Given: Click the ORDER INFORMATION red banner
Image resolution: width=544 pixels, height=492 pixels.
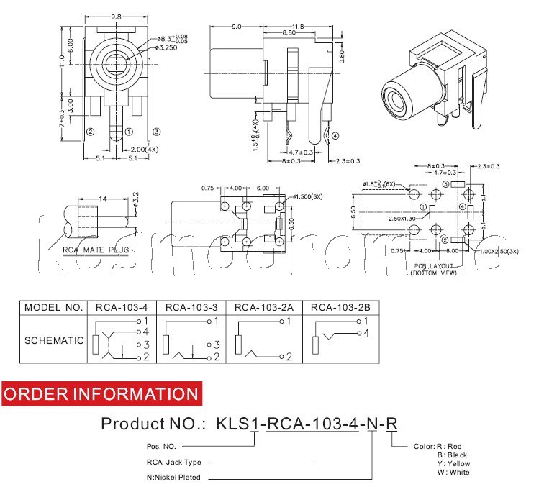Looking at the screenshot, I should click(101, 393).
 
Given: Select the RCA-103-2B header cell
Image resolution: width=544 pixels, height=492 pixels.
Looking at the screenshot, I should click(341, 307).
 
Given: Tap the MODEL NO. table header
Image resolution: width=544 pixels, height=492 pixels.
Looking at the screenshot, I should click(54, 307).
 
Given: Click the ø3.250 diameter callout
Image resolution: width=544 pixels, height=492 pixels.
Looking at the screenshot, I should click(172, 47).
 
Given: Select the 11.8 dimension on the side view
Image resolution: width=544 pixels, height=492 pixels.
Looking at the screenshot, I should click(297, 26).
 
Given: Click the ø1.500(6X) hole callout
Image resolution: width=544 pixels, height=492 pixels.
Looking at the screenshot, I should click(310, 196).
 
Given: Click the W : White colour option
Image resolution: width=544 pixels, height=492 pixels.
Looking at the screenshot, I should click(453, 473).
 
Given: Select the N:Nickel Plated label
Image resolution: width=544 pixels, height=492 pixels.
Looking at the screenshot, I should click(173, 477).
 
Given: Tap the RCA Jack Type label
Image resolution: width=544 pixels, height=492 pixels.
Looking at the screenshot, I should click(173, 462).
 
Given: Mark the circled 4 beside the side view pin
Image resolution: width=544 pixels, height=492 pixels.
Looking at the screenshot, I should click(335, 135).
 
